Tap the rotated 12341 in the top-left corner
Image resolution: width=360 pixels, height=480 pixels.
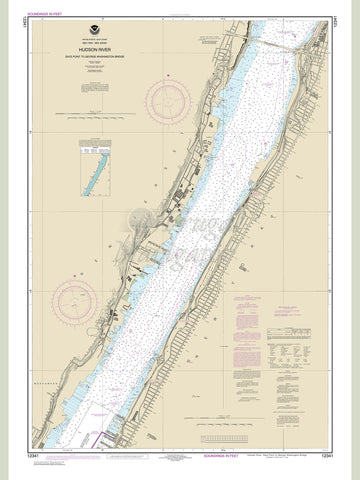18,17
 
